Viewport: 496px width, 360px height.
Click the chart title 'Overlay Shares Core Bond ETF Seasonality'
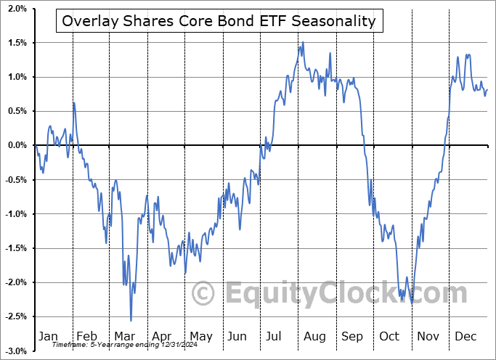tap(219, 21)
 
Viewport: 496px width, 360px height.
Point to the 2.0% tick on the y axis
tap(17, 9)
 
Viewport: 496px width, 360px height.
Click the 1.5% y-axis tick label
tap(17, 43)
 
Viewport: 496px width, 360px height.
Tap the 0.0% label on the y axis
tap(17, 145)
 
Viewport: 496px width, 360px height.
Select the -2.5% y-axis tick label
tap(16, 316)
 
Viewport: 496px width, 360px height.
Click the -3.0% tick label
tap(16, 351)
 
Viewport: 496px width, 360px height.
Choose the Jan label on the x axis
tap(48, 337)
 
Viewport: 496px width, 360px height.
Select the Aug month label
tap(314, 337)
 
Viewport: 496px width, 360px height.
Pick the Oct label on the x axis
tap(389, 337)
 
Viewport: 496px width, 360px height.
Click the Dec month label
tap(465, 337)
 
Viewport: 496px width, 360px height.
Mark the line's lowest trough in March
tap(131, 320)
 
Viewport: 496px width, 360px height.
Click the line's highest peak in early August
tap(303, 43)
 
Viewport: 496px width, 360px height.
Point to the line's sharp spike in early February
tap(73, 102)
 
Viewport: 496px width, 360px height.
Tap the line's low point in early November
tap(412, 303)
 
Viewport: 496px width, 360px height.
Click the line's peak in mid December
tap(467, 54)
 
